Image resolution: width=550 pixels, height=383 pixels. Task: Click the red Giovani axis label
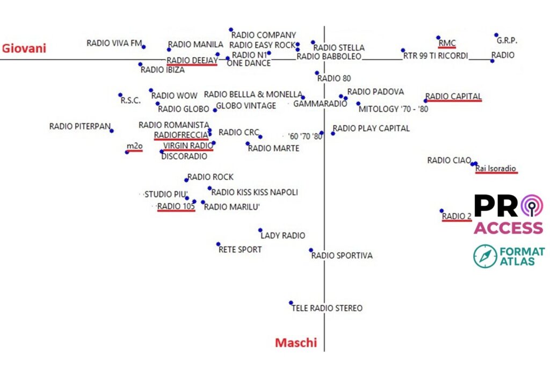(x=24, y=48)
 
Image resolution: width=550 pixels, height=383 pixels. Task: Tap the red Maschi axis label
(x=296, y=343)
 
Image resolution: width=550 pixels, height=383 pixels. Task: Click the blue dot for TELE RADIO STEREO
(x=291, y=303)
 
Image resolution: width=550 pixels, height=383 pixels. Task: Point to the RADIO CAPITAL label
(x=453, y=97)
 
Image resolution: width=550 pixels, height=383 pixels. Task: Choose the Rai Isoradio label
(x=496, y=169)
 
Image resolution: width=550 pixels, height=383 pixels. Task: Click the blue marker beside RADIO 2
(x=442, y=211)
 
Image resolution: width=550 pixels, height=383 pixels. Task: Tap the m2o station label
(x=134, y=146)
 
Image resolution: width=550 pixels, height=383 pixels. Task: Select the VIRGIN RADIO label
(x=188, y=146)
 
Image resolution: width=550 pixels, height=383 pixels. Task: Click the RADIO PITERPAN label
(x=79, y=127)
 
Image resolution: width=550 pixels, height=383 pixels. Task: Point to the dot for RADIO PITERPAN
(x=112, y=131)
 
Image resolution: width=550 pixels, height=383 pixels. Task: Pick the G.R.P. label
(x=506, y=40)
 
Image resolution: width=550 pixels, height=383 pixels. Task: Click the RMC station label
(x=447, y=43)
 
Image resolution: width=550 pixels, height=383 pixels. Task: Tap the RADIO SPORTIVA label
(x=342, y=256)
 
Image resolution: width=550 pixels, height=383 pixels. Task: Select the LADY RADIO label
(x=283, y=235)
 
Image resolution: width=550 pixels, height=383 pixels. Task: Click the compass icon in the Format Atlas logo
(x=486, y=256)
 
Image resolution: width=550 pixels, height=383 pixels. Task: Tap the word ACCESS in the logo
(x=508, y=228)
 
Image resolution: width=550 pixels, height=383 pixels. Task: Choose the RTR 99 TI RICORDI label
(x=436, y=56)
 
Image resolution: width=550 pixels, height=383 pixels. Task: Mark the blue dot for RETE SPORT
(x=218, y=244)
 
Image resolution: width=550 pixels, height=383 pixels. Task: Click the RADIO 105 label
(x=176, y=206)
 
